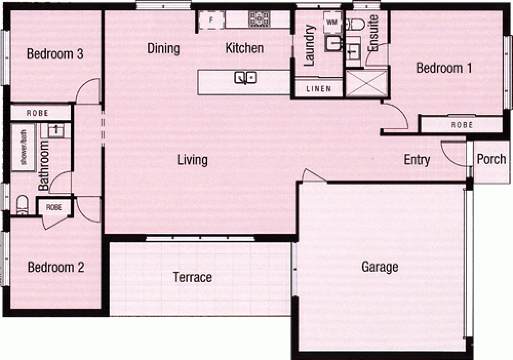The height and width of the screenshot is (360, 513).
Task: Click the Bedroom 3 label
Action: pos(55,54)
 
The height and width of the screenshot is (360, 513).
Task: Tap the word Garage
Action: pos(380,267)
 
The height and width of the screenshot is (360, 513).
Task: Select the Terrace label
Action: pos(192,277)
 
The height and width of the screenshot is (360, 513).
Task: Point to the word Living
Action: pos(192,160)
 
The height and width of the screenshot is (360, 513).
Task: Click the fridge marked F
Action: pos(211,20)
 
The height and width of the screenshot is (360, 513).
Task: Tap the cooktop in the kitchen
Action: pos(259,19)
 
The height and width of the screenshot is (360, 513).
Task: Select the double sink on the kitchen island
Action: pos(245,77)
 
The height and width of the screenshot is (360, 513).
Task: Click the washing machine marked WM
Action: pos(331,22)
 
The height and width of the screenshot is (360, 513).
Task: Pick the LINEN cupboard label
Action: pos(318,89)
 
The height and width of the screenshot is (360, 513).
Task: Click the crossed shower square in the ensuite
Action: pos(366,83)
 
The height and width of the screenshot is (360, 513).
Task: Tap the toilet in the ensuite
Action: pos(354,23)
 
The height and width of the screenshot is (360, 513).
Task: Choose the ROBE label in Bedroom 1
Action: pos(461,125)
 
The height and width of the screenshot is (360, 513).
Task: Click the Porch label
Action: pos(491,159)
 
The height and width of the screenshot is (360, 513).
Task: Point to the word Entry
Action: pos(417,160)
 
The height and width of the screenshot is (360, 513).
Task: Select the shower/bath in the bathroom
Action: pos(24,148)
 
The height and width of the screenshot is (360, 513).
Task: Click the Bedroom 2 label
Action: pos(55,267)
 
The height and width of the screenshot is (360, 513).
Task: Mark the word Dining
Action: pos(164,49)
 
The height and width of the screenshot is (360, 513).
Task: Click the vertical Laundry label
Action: pos(309,46)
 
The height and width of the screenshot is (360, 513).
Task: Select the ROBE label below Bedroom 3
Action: pos(37,112)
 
